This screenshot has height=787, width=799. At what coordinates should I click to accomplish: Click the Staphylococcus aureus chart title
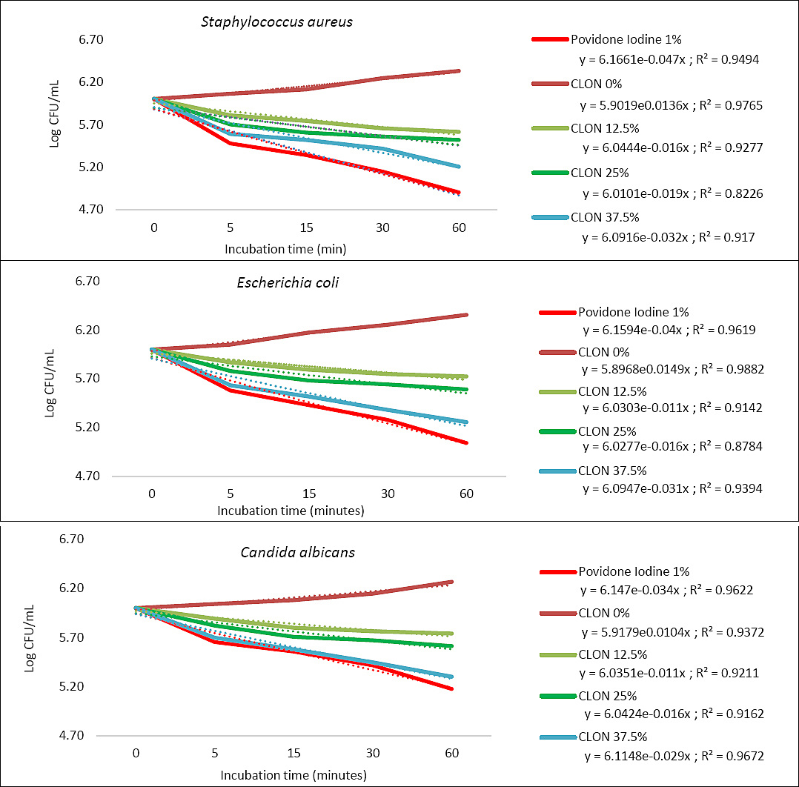point(276,22)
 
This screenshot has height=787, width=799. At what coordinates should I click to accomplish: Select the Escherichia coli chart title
point(288,282)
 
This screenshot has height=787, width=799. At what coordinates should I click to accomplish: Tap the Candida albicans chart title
point(298,552)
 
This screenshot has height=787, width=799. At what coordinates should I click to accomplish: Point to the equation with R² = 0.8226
point(673,193)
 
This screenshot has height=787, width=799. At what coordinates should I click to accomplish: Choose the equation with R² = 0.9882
point(673,369)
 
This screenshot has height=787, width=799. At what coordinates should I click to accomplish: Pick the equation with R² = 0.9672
point(674,756)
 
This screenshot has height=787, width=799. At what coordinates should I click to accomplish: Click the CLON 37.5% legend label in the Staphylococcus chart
point(605,218)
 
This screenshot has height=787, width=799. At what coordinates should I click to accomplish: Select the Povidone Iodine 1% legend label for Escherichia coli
point(634,312)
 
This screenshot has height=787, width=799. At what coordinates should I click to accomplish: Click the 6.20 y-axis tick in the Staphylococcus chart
point(90,82)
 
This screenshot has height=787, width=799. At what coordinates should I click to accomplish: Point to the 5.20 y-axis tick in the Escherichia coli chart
point(87,427)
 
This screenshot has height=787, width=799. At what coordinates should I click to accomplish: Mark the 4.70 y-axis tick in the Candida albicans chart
point(71,736)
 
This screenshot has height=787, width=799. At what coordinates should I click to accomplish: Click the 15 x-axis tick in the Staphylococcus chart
point(306,228)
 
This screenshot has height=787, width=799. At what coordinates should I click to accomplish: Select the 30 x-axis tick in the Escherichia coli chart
point(388,494)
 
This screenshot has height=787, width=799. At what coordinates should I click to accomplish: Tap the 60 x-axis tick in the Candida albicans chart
point(452,754)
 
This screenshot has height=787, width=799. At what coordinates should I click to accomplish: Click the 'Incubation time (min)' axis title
point(285,249)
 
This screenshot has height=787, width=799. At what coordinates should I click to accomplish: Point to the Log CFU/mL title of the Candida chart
point(30,638)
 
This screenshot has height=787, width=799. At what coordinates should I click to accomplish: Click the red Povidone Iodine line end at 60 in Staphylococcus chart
point(459,193)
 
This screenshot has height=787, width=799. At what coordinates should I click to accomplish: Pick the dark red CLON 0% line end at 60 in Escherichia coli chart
point(466,315)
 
